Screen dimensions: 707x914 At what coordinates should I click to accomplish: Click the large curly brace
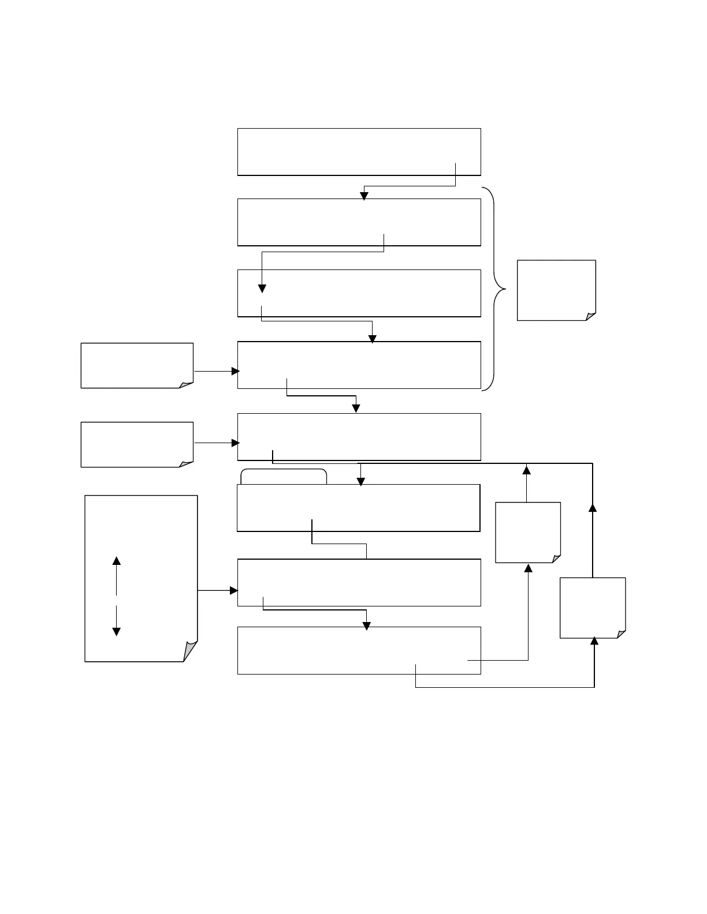click(496, 289)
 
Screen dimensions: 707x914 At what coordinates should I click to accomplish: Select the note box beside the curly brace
click(556, 289)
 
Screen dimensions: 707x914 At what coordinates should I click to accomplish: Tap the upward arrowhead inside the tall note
click(116, 561)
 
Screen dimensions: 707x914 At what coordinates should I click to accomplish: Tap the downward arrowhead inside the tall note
click(116, 631)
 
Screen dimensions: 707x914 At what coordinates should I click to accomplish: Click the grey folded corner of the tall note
click(190, 651)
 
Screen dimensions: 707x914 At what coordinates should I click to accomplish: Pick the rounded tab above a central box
click(284, 476)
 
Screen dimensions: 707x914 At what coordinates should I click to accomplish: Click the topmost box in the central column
click(359, 152)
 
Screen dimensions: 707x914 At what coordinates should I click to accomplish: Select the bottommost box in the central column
click(359, 650)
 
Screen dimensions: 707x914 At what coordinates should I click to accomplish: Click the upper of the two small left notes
click(136, 365)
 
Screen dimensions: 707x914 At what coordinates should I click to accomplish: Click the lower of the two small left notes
click(136, 444)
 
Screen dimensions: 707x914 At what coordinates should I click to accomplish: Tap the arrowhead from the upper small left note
click(235, 372)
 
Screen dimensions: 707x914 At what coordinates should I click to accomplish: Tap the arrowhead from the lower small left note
click(235, 443)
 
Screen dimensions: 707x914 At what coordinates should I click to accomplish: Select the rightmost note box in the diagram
click(592, 607)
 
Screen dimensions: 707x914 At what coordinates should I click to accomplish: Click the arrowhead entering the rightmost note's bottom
click(594, 641)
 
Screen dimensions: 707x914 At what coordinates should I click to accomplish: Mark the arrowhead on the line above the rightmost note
click(592, 507)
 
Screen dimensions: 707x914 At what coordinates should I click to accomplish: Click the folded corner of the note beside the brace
click(590, 316)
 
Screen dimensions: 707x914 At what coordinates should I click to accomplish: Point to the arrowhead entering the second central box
click(364, 196)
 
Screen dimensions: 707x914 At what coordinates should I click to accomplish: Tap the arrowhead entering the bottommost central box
click(366, 625)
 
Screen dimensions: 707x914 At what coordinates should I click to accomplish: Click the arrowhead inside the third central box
click(262, 289)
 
